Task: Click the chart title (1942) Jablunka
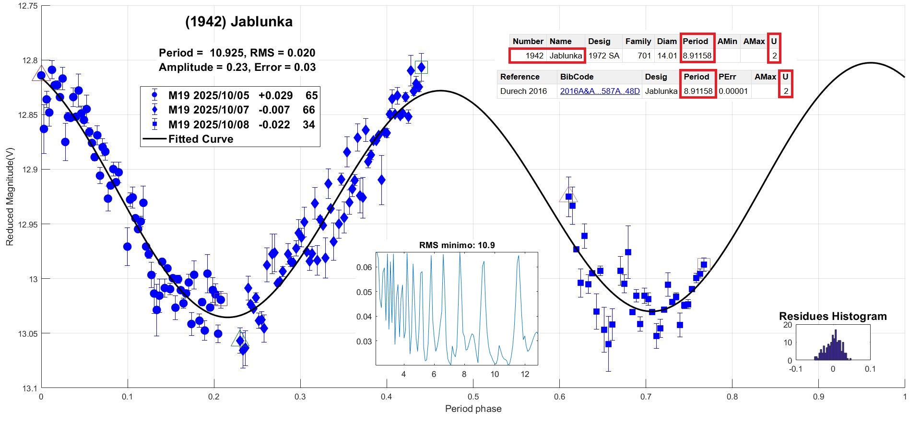pos(238,22)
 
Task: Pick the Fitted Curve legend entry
pos(201,139)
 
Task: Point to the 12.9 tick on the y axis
pos(28,170)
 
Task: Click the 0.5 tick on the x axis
pos(473,397)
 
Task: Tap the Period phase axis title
pos(473,409)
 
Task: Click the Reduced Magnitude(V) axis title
pos(10,196)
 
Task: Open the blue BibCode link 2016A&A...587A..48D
pos(600,91)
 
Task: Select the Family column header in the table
pos(638,41)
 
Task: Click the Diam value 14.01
pos(667,56)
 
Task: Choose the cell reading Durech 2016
pos(523,91)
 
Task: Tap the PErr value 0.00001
pos(733,91)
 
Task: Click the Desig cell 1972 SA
pos(603,56)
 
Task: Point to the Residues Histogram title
pos(833,316)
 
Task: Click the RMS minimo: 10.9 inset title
pos(457,245)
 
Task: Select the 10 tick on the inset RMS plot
pos(495,374)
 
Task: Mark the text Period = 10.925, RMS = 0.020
pos(237,53)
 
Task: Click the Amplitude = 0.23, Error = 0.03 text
pos(237,67)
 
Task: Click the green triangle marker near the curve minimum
pos(240,339)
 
